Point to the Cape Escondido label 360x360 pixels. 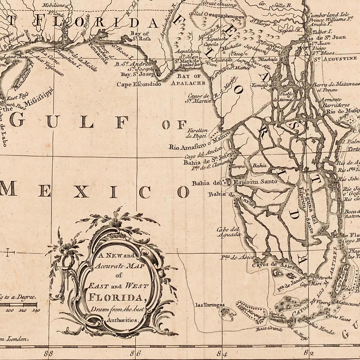tap(139, 84)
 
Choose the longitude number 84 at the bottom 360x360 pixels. tap(222, 353)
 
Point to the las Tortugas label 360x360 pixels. tap(210, 305)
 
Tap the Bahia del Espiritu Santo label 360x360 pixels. tap(234, 182)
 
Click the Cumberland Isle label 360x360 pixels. tap(328, 14)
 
